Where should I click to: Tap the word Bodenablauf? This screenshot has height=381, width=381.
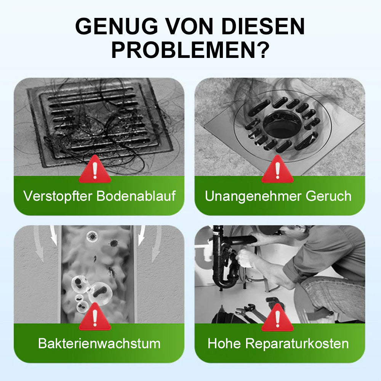136,196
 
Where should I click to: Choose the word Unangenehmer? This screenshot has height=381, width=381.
253,196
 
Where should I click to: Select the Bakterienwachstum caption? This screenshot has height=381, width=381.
99,344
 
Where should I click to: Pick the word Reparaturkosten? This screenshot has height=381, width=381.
297,344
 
